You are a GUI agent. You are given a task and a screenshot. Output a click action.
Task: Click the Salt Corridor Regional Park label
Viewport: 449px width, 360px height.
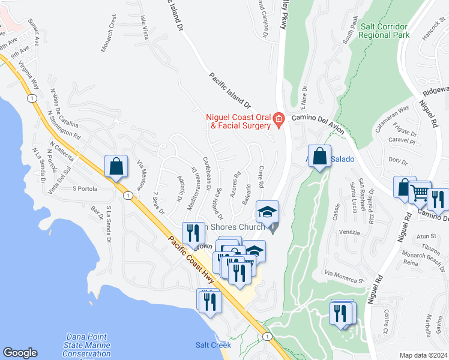tap(384, 31)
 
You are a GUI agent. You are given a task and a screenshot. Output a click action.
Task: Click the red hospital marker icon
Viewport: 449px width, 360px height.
tap(279, 121)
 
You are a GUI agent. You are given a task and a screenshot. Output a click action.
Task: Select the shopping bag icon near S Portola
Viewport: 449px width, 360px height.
tap(116, 167)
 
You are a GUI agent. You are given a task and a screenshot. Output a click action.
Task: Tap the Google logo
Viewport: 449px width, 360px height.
tap(20, 353)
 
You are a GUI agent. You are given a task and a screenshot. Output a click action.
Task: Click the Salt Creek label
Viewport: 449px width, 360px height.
tap(209, 344)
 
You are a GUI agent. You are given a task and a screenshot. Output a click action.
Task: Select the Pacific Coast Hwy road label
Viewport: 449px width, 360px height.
tap(190, 265)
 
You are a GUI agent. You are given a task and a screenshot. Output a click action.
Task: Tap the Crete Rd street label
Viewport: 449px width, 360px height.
tap(262, 176)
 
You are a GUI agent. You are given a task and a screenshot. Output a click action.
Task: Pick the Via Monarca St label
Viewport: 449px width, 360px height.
tap(345, 277)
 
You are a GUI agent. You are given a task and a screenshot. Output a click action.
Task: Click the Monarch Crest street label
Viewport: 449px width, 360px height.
tap(108, 38)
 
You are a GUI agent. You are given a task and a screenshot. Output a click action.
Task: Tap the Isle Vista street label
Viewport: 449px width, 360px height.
tap(144, 28)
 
